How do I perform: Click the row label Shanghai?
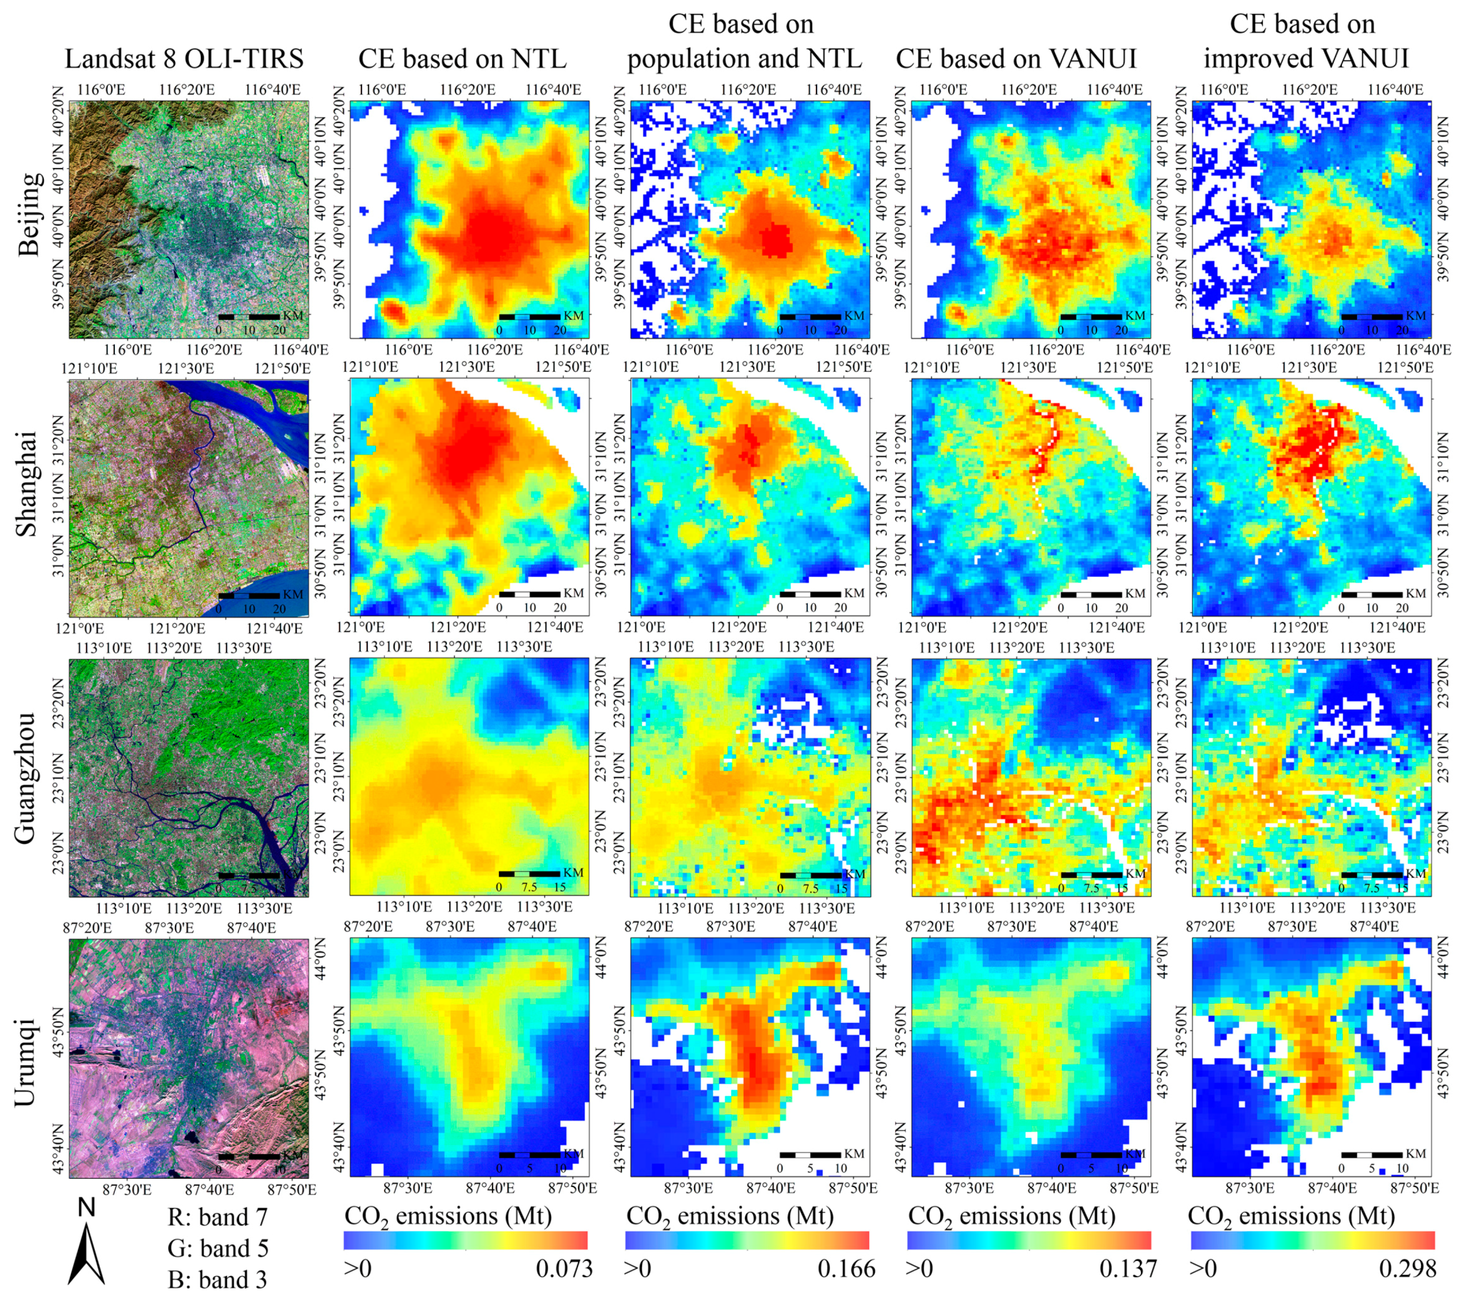pyautogui.click(x=28, y=484)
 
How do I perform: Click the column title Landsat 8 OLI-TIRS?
pyautogui.click(x=185, y=59)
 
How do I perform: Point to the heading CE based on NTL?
pyautogui.click(x=462, y=59)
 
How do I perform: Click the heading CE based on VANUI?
pyautogui.click(x=1016, y=59)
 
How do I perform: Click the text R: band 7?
pyautogui.click(x=217, y=1217)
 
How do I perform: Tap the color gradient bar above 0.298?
pyautogui.click(x=1312, y=1240)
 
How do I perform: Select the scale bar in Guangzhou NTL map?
pyautogui.click(x=529, y=874)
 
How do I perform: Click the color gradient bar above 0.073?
pyautogui.click(x=466, y=1240)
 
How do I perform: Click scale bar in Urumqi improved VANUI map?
pyautogui.click(x=1371, y=1154)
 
